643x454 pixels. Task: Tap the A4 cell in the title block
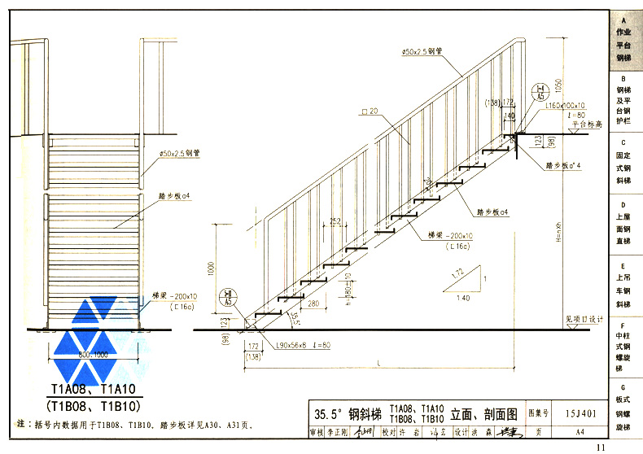[579, 431]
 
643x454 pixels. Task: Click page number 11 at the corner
[601, 447]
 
